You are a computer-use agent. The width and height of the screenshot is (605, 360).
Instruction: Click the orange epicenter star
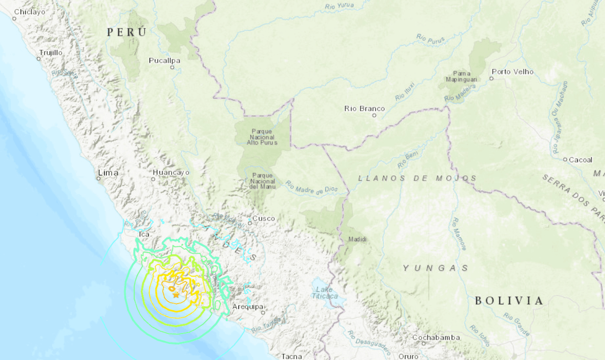click(x=176, y=294)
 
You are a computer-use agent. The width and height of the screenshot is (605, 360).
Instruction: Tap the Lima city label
click(x=108, y=173)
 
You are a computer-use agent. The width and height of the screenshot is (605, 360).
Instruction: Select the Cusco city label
click(x=263, y=218)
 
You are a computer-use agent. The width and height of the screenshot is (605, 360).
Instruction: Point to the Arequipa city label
click(x=248, y=307)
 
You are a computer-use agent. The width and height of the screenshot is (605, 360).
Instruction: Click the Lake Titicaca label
click(x=325, y=292)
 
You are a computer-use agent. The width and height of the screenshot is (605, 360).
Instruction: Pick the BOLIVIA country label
click(x=509, y=300)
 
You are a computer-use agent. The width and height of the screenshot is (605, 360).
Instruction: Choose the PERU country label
click(x=127, y=32)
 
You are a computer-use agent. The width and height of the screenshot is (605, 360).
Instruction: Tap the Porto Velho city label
click(x=512, y=72)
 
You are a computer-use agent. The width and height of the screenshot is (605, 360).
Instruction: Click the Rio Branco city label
click(x=364, y=109)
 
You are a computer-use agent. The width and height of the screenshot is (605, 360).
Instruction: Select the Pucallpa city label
click(x=164, y=60)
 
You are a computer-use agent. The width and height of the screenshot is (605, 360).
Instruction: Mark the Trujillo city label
click(x=51, y=52)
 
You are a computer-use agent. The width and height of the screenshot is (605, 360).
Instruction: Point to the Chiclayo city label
click(x=29, y=12)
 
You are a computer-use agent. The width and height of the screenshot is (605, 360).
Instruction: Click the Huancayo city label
click(x=171, y=172)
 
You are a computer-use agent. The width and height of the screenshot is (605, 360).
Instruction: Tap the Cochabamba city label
click(x=436, y=337)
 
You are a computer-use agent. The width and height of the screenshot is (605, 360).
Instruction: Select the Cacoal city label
click(x=580, y=160)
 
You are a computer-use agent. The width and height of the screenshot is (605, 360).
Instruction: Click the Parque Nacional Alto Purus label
click(x=262, y=137)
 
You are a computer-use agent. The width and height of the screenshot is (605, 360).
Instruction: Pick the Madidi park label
click(x=357, y=240)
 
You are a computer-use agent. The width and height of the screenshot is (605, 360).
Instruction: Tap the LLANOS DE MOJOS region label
click(x=417, y=178)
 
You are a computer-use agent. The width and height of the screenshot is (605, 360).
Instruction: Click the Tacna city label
click(x=291, y=356)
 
